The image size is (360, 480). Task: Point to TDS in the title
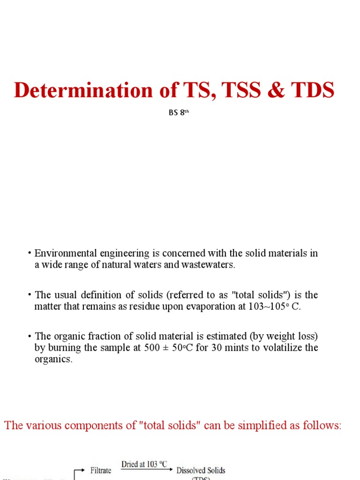pos(312,90)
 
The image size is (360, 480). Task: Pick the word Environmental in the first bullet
pos(62,254)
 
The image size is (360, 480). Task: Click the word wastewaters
pos(206,265)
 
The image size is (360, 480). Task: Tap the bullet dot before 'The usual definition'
pos(29,295)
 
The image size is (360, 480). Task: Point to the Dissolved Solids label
pos(201,470)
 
